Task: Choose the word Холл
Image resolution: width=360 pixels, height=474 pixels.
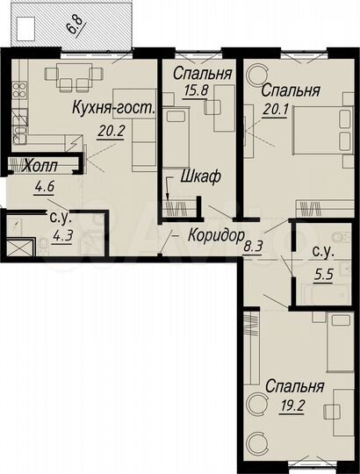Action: click(x=41, y=164)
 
